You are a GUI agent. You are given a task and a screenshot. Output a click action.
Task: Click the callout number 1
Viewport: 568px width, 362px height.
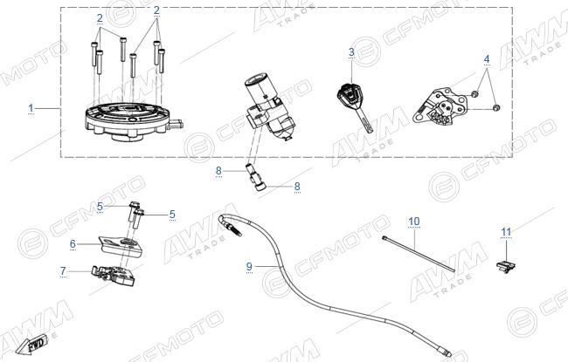[31, 108]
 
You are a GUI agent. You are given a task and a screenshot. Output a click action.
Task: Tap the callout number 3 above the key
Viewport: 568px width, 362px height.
[351, 52]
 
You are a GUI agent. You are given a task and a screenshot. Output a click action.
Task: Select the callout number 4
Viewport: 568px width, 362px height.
[487, 59]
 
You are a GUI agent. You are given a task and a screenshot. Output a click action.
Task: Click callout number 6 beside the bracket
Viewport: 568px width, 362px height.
[73, 244]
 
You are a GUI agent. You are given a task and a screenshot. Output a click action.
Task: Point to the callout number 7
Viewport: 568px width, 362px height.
[63, 271]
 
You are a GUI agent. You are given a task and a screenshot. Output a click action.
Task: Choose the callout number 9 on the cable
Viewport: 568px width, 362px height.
[249, 267]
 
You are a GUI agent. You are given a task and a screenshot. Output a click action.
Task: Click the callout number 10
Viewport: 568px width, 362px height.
[414, 222]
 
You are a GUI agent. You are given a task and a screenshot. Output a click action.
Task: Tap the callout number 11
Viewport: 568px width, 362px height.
[506, 232]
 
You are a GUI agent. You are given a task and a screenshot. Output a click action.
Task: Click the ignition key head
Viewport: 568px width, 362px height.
[350, 96]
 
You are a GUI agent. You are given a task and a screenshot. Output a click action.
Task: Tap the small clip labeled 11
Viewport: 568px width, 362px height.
[506, 267]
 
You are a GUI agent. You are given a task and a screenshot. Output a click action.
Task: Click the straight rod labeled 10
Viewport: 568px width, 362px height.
[418, 253]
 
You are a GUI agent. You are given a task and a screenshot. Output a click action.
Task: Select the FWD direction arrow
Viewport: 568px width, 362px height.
[31, 344]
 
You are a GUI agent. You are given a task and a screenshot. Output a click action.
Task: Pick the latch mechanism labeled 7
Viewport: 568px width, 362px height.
[114, 275]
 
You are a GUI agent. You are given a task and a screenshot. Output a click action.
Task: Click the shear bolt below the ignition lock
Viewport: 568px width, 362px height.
[255, 177]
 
